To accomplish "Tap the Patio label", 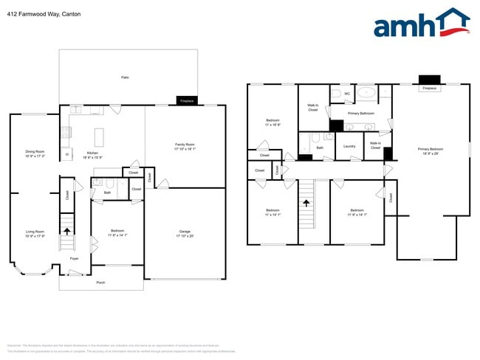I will click(125, 77).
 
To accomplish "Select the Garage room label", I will click(185, 234).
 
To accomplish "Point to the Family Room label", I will click(185, 146).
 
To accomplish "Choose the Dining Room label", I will click(35, 153).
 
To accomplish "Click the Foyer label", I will click(74, 259).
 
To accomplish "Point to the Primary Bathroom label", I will click(361, 114).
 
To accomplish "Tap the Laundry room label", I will click(350, 146).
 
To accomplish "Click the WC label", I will click(347, 94).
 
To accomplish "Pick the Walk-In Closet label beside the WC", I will click(312, 108).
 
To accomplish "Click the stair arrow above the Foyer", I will click(67, 231).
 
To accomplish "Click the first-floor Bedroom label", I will click(118, 232).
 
